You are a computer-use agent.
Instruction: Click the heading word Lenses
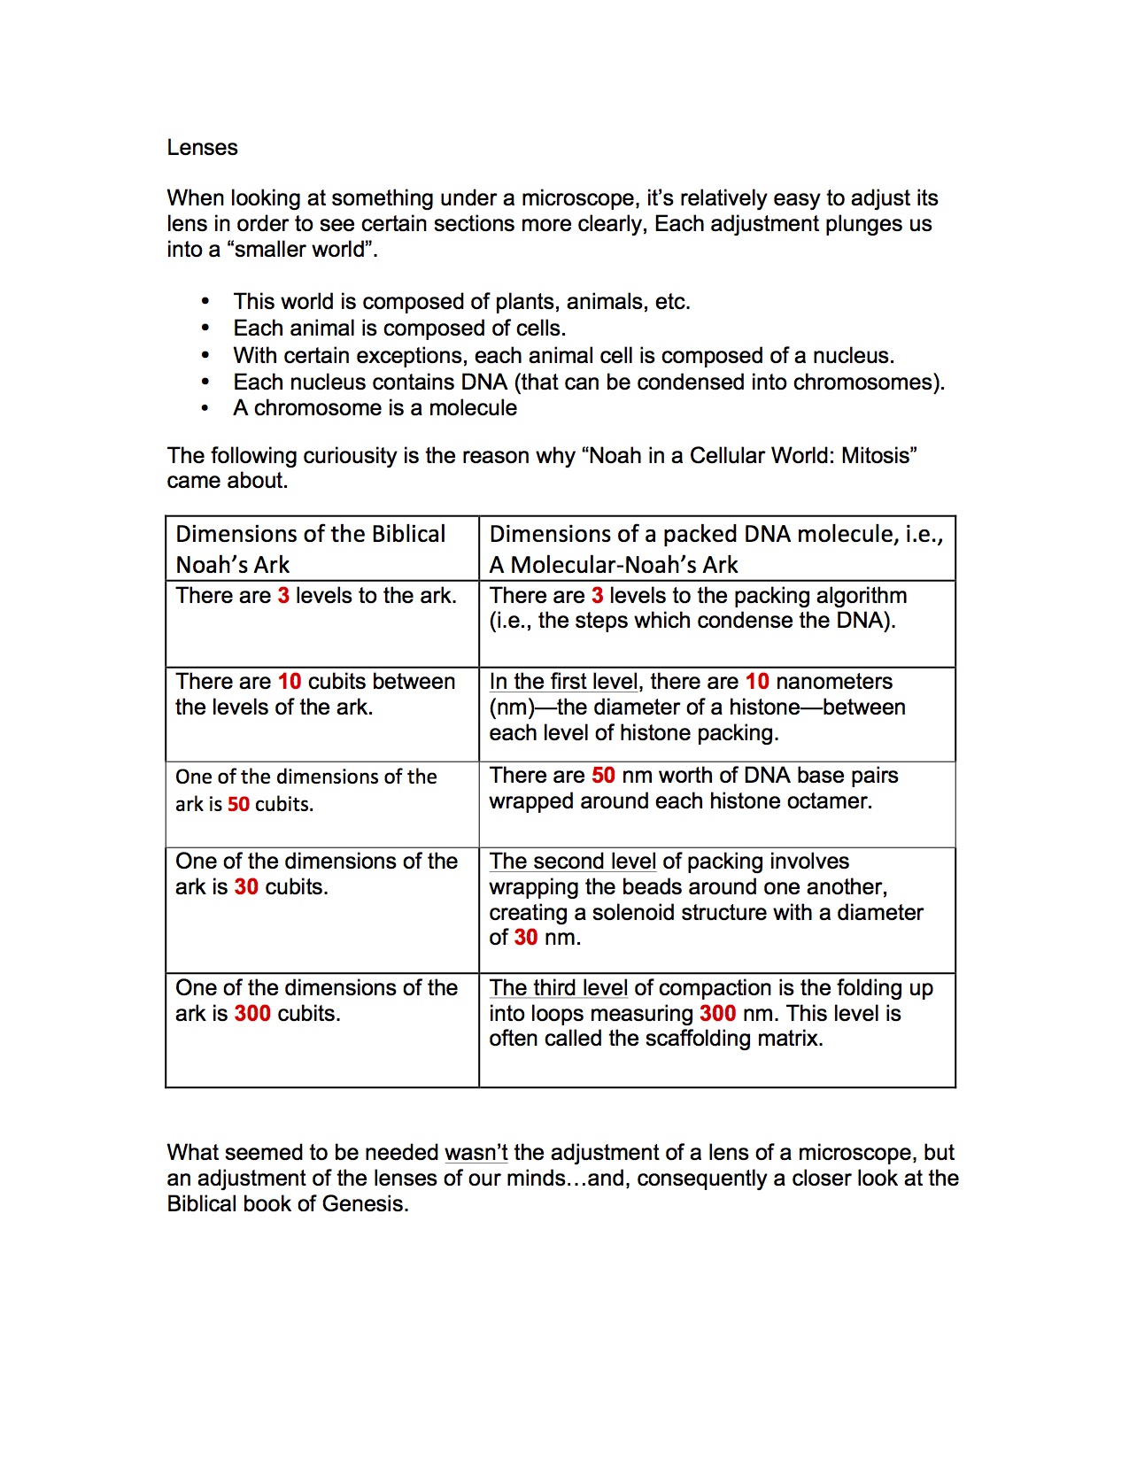202,148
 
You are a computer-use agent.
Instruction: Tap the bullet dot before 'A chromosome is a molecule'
205,408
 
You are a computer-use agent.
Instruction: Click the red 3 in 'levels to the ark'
283,596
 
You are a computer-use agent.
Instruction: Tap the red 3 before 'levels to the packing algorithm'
598,596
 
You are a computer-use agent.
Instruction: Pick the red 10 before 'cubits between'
290,682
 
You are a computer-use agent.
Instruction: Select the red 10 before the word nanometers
757,682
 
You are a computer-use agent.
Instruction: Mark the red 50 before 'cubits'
238,805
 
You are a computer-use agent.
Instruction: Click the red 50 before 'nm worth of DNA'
603,776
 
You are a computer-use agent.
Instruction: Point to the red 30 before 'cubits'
246,887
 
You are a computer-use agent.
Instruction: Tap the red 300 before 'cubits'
252,1014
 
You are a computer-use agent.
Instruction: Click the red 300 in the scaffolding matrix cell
717,1014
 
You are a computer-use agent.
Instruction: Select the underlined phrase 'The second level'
572,862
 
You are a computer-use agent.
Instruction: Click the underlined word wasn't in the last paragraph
476,1153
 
